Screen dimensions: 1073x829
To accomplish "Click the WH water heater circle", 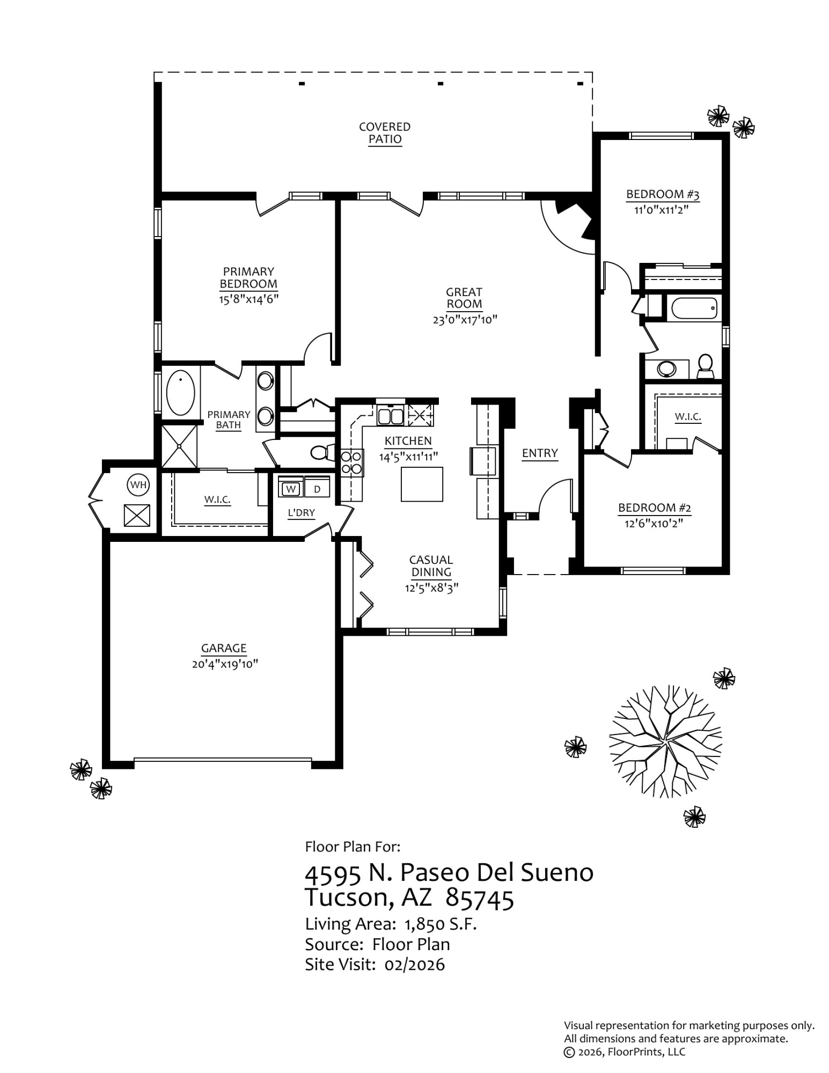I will pos(138,485).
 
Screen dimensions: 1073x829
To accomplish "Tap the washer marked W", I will pos(291,489).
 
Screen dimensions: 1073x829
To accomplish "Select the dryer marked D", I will pos(317,489).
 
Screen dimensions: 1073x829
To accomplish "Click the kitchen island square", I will pos(422,484).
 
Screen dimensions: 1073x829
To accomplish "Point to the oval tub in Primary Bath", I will pos(180,392).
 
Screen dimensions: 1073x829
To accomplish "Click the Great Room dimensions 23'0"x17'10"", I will pos(465,320).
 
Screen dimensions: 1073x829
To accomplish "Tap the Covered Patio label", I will pos(385,133).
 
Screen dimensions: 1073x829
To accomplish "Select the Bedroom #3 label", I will pos(662,194).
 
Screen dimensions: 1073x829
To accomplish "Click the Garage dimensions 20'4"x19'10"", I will pos(225,664).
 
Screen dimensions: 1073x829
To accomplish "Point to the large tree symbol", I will pos(665,741).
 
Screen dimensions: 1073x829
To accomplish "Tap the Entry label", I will pos(540,453).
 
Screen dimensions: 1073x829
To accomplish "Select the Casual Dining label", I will pos(431,565).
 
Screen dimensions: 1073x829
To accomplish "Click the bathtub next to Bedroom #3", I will pos(693,308).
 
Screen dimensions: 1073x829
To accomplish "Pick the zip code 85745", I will pos(479,899).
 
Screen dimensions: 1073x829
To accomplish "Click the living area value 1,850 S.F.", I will pos(440,924).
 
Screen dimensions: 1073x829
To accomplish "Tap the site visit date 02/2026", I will pos(414,965).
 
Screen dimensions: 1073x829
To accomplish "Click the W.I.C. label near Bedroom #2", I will pos(687,416).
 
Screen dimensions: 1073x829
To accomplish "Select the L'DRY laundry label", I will pos(301,513).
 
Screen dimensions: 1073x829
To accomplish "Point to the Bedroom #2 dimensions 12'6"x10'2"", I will pos(654,523).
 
